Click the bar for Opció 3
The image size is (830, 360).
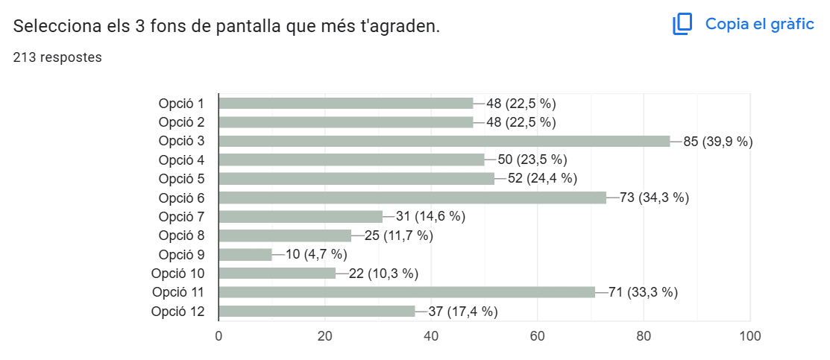[x=444, y=141]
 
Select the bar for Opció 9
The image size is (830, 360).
[x=245, y=255]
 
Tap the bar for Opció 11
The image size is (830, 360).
[x=407, y=292]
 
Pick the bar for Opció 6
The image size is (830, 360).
[x=412, y=198]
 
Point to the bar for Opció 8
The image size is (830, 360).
[x=285, y=236]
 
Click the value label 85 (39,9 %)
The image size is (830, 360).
[x=717, y=141]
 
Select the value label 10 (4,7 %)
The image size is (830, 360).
[x=316, y=255]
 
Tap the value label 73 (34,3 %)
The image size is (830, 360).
[x=654, y=198]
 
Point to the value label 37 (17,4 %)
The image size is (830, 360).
[x=462, y=312]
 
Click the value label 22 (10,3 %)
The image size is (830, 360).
[x=383, y=274]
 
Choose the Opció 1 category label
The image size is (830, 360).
[x=181, y=103]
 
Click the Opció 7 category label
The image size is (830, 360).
[x=181, y=217]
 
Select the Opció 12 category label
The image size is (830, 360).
[x=177, y=312]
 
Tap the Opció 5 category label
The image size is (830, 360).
[x=181, y=179]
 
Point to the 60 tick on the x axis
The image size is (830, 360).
[x=538, y=336]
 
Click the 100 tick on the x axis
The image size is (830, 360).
[x=749, y=336]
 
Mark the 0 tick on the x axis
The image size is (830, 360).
[x=218, y=336]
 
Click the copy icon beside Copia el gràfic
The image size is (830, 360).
[x=682, y=25]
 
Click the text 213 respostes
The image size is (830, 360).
[x=57, y=57]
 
